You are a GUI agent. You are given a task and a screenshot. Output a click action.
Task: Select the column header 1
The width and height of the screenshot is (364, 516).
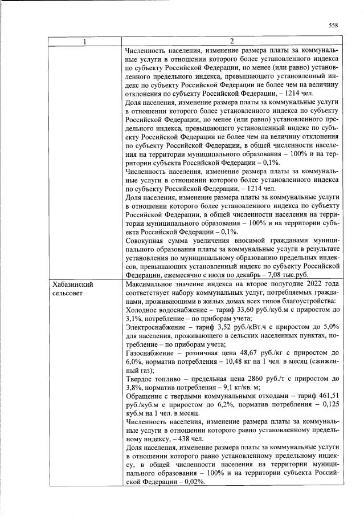[85, 41]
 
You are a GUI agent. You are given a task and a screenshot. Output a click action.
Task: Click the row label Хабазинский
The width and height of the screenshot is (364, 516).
[72, 283]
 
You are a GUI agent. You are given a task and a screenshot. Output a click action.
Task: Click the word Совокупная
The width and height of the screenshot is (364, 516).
[145, 240]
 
